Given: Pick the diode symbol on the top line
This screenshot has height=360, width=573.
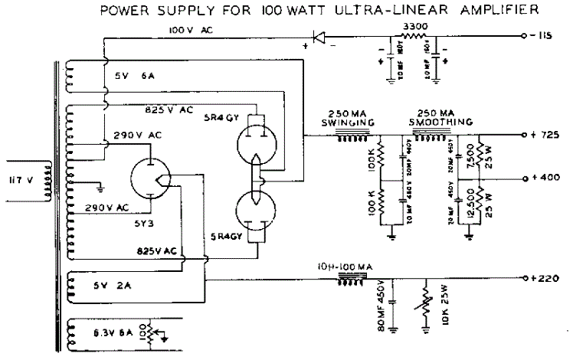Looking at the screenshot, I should click(x=319, y=36).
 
